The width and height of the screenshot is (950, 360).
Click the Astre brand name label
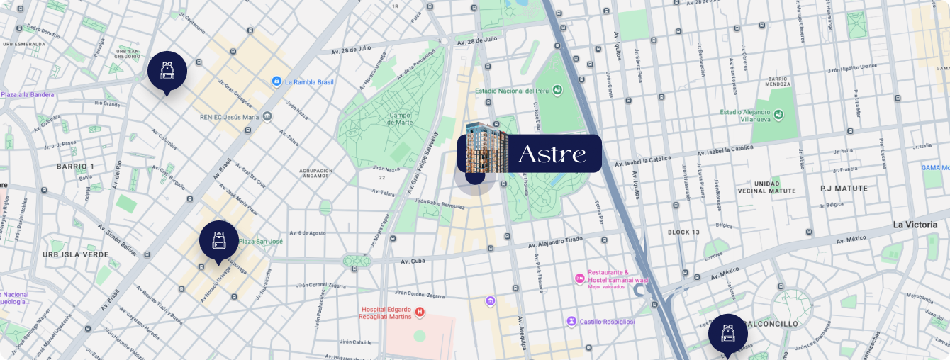point(552,154)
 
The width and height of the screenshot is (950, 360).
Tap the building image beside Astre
point(487,147)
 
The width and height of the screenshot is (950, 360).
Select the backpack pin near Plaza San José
point(218,240)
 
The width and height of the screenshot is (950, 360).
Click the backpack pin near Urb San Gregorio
point(167,71)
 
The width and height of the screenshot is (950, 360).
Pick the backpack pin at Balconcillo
point(727,333)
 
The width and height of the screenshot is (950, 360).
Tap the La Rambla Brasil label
point(309,82)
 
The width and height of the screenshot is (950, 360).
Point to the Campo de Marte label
point(400,119)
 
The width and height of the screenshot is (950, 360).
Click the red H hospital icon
point(420,311)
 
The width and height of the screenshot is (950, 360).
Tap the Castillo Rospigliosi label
point(607,322)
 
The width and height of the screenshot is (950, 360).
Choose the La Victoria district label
point(915,225)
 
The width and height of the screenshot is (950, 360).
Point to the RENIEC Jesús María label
point(229,117)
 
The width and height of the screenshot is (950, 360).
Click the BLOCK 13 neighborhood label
point(683,232)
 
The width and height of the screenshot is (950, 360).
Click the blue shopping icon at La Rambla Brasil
point(276,82)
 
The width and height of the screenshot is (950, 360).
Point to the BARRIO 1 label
point(75,167)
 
